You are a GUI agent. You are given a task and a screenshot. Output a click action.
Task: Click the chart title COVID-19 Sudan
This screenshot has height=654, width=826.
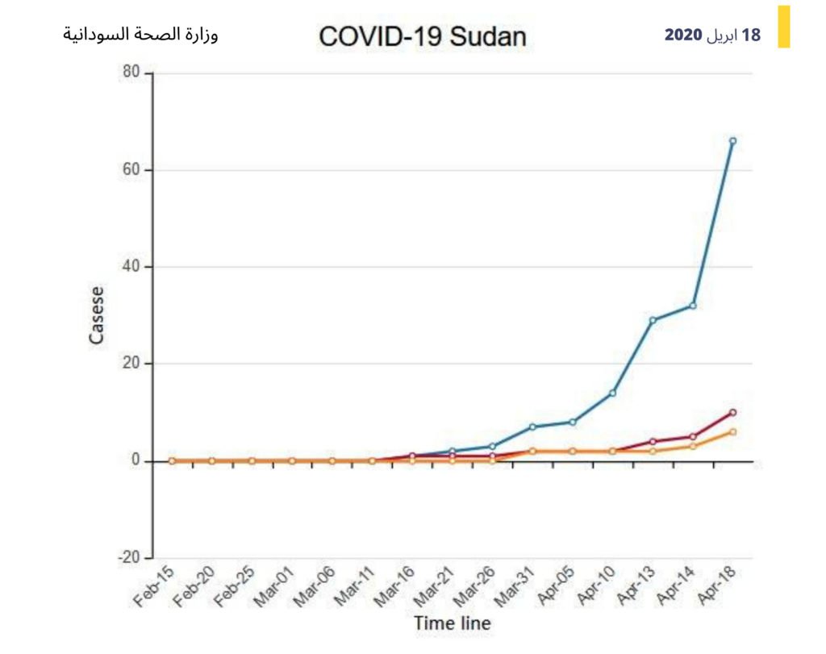tap(422, 36)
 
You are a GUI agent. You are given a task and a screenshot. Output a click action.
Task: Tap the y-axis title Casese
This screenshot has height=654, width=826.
tap(97, 315)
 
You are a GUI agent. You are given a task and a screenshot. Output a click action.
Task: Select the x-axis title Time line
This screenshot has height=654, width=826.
tap(452, 623)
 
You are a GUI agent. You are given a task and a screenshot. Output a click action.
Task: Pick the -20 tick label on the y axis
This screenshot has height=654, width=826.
tap(128, 558)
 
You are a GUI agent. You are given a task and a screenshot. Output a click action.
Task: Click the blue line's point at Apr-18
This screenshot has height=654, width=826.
tap(732, 141)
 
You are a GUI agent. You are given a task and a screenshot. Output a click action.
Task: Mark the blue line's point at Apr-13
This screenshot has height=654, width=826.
tap(653, 320)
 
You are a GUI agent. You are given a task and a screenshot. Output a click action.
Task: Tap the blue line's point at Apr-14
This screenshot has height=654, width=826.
tap(693, 306)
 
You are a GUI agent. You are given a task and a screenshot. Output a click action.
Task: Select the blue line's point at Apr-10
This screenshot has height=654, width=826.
tap(612, 393)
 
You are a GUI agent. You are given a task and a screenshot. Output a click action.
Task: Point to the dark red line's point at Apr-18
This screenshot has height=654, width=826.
tap(732, 412)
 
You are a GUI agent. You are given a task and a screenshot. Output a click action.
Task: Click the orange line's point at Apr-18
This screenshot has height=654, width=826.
tap(732, 431)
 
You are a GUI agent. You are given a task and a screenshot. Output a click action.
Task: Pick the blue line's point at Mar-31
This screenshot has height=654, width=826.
tap(532, 427)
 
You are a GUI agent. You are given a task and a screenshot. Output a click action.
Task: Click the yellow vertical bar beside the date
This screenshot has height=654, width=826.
tap(783, 27)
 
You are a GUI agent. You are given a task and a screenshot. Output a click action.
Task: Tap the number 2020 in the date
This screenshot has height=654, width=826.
tap(682, 35)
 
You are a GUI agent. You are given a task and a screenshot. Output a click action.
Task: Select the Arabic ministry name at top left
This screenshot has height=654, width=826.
tap(140, 35)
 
